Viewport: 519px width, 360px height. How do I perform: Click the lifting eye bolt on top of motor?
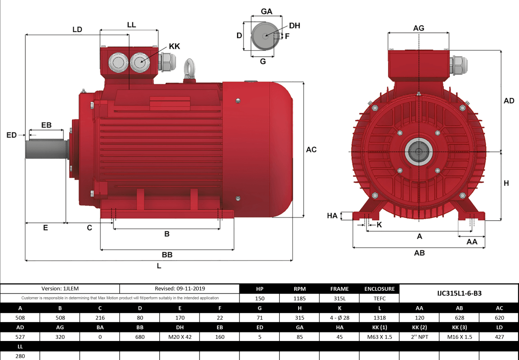(189, 69)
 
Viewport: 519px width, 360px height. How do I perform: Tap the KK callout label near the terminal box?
(174, 47)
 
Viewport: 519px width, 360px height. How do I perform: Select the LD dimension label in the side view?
(77, 29)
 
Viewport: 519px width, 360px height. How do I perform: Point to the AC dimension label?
(311, 150)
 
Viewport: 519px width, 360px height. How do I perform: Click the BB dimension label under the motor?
(167, 255)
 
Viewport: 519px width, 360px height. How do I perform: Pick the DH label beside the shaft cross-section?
(295, 26)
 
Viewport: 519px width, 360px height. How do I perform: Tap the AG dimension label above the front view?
(419, 28)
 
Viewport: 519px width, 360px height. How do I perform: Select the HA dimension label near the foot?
(332, 216)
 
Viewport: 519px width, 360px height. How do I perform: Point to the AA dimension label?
(471, 242)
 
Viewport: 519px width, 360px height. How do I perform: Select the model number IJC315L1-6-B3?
(459, 293)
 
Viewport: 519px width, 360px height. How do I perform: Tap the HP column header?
(259, 289)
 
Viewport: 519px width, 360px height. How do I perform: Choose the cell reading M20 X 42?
(180, 337)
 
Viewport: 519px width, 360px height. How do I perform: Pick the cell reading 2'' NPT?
(419, 337)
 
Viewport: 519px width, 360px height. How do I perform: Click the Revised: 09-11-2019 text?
(180, 289)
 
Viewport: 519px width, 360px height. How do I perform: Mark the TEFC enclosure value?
(379, 298)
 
